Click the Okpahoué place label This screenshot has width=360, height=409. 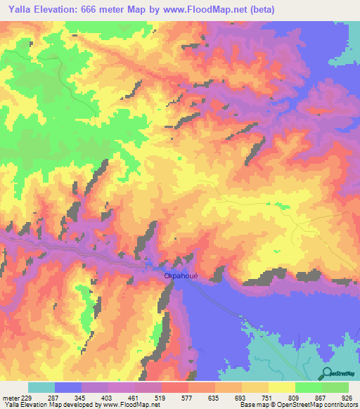[x=181, y=275]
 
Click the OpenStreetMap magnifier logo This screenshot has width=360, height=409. [x=327, y=374]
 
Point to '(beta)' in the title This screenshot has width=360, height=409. [x=259, y=9]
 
